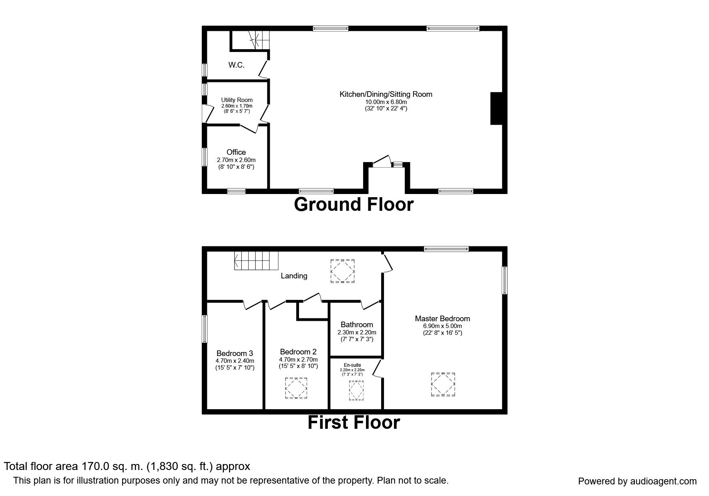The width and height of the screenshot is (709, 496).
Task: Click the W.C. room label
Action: pos(236,65)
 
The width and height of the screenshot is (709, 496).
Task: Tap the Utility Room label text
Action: pos(237,100)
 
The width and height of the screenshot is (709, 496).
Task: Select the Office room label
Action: pos(236,152)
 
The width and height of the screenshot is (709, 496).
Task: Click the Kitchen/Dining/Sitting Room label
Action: pos(386,94)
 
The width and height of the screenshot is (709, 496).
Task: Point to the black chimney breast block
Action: pos(496,108)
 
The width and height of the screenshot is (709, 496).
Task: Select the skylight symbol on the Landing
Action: pos(342,271)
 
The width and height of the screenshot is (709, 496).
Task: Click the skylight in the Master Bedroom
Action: pos(443,384)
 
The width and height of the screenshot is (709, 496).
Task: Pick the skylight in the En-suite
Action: pos(356,390)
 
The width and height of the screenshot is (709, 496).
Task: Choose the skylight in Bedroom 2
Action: pos(296,388)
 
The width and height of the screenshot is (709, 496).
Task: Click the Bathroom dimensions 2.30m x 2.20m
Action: pos(357,332)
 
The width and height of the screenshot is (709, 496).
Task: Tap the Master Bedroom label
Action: pos(442,319)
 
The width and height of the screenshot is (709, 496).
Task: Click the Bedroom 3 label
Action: pos(235,354)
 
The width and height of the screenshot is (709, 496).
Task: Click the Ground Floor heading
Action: pos(353,204)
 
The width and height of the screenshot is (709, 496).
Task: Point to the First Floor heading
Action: pos(353,423)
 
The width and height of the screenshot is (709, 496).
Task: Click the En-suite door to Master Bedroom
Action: pos(377,368)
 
